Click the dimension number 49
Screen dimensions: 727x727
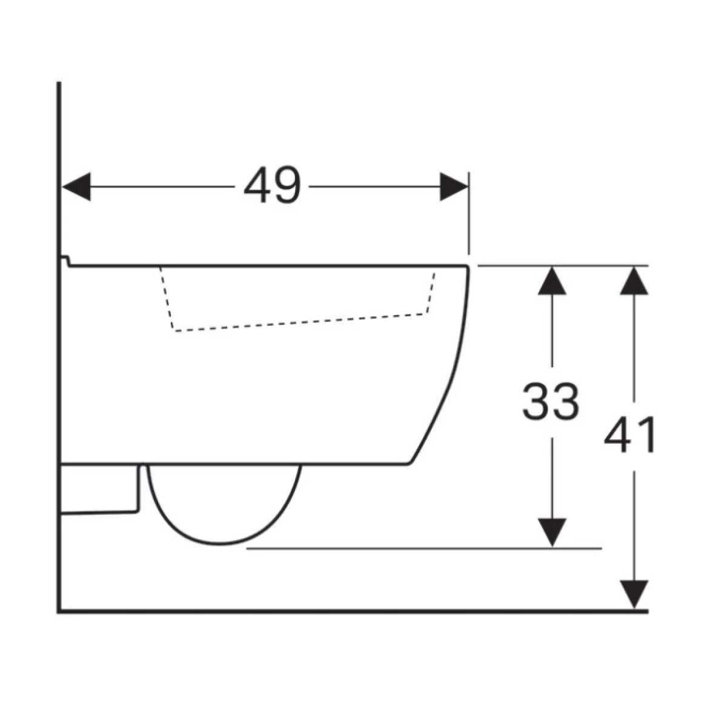[273, 185]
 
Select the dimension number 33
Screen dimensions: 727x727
[551, 402]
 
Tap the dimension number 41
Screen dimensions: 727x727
[629, 434]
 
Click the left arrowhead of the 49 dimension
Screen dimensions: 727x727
[76, 187]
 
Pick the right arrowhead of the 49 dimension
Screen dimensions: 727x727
[454, 187]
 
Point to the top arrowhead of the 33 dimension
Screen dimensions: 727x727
[552, 281]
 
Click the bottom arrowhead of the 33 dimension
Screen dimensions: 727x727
[552, 532]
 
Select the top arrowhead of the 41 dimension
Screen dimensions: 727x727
[634, 281]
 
